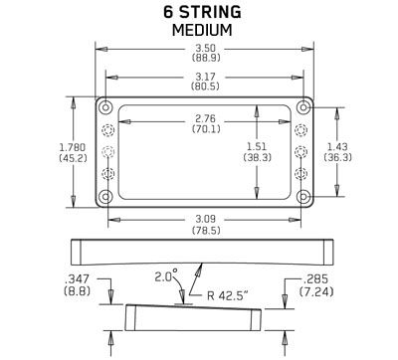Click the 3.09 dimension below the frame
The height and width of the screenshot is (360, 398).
(207, 218)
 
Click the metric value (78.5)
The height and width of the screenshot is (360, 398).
(207, 230)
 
